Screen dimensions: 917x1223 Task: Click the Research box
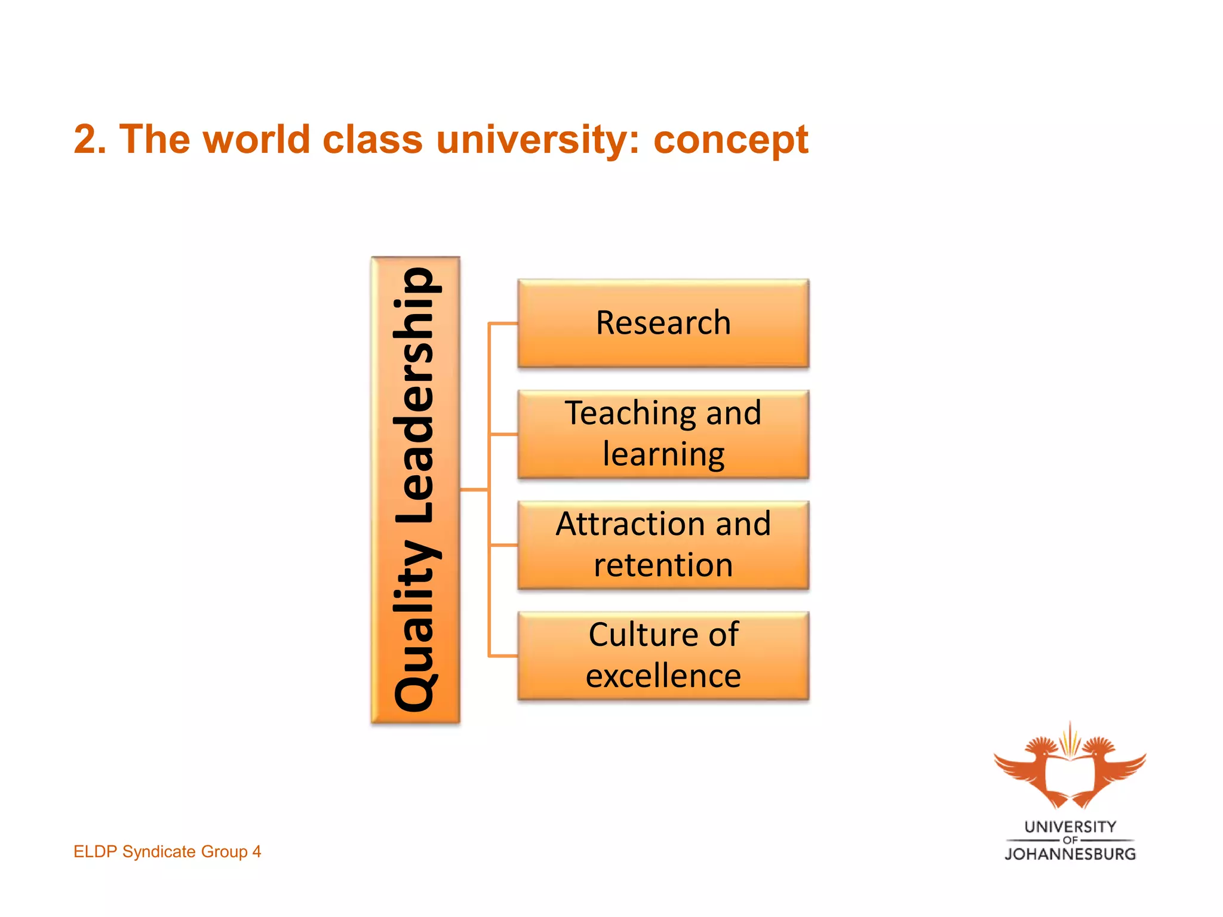663,323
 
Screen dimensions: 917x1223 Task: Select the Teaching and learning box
663,434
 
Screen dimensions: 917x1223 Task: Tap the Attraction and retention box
663,544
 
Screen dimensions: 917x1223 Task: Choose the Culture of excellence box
663,656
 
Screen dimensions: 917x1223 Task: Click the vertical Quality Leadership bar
416,490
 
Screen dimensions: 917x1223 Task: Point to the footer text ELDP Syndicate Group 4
167,851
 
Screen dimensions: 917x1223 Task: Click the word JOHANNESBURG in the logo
1070,854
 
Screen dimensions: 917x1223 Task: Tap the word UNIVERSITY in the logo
1070,827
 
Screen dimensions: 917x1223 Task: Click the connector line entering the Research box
503,324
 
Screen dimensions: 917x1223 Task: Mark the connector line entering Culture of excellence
503,656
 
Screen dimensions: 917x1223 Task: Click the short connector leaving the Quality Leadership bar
474,490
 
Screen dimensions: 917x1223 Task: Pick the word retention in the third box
663,565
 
